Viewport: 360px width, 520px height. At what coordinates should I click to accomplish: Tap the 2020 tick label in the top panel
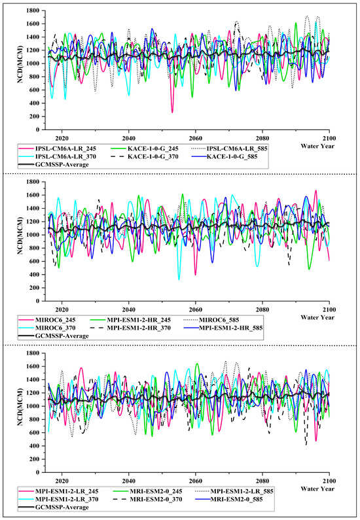62,138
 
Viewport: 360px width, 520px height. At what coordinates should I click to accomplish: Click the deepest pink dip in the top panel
173,111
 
